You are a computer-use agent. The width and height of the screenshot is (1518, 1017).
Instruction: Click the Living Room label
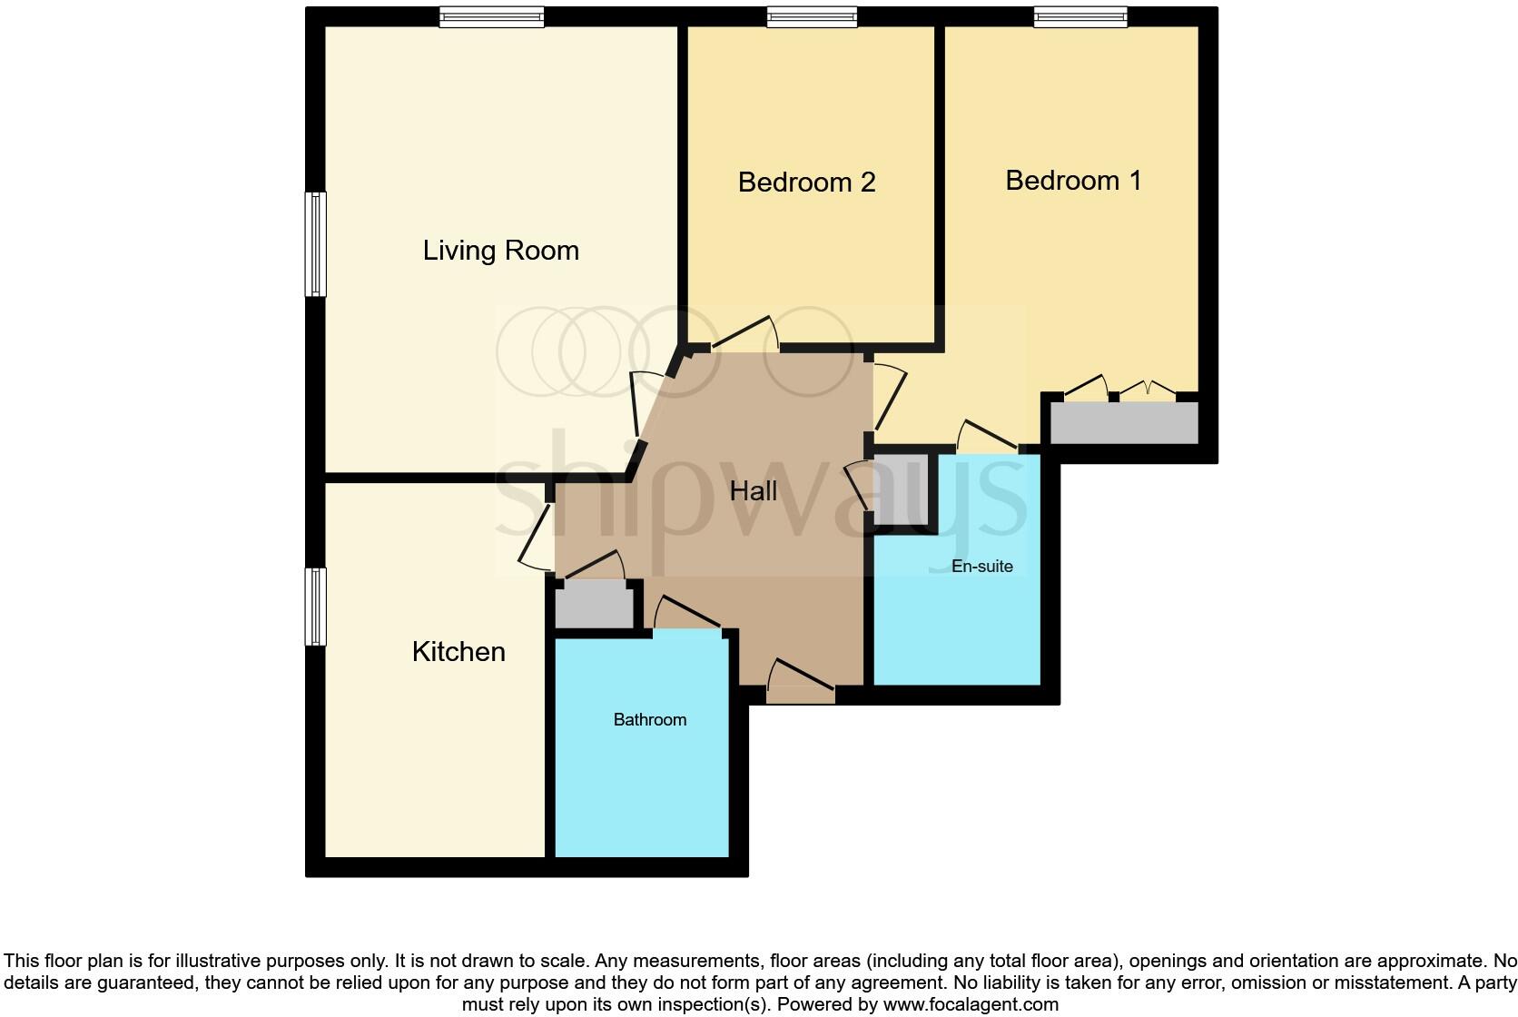pos(500,251)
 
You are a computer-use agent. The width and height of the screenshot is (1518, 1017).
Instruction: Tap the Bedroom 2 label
pos(806,183)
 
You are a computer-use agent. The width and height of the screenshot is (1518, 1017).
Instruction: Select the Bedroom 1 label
pos(1072,181)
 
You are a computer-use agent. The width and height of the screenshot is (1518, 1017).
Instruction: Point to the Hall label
pos(753,491)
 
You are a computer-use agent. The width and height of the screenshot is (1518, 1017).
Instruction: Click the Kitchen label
pos(458,652)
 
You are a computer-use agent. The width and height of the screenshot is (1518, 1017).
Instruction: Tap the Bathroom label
pos(649,720)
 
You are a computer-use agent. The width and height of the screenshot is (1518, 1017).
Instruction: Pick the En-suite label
pos(981,567)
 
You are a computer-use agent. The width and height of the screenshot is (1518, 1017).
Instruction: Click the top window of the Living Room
pos(491,17)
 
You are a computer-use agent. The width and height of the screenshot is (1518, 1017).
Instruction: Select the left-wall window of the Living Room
pos(315,243)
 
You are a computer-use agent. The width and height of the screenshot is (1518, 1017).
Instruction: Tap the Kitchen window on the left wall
pos(315,607)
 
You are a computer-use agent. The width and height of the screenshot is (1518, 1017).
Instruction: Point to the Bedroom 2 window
pos(811,17)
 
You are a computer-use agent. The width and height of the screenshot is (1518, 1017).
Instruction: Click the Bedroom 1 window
pos(1080,17)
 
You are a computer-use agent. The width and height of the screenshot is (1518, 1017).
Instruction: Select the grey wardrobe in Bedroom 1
pos(1124,423)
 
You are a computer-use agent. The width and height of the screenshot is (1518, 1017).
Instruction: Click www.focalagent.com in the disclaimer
pos(971,1004)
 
